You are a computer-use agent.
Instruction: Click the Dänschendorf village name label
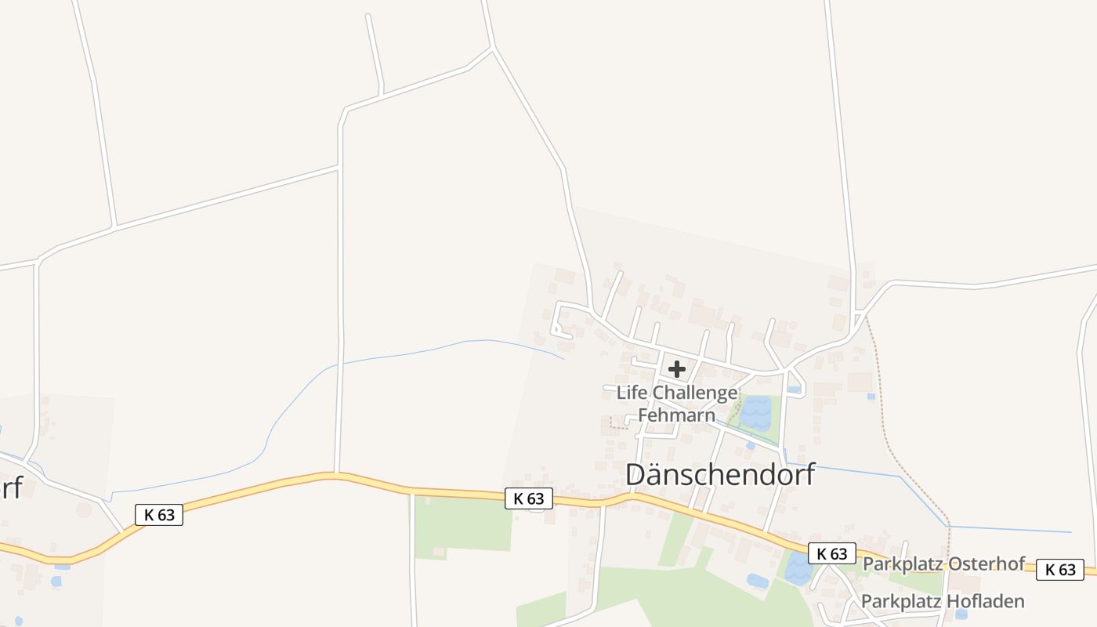[x=721, y=475]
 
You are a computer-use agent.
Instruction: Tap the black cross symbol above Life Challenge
[x=677, y=369]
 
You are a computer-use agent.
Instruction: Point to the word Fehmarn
[x=677, y=415]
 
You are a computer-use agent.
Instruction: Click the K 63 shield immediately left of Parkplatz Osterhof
[x=832, y=553]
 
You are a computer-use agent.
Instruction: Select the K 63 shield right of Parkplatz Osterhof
[x=1060, y=570]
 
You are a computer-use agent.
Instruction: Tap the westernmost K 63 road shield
[x=159, y=515]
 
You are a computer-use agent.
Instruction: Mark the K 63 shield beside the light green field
[x=529, y=498]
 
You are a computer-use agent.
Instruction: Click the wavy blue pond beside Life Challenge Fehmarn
[x=757, y=413]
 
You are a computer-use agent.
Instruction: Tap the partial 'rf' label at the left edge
[x=11, y=487]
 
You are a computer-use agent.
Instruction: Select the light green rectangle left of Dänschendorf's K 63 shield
[x=462, y=523]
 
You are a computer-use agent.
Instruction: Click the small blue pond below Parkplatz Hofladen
[x=961, y=614]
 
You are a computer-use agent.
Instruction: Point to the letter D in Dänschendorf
[x=638, y=475]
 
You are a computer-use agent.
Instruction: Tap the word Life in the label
[x=632, y=393]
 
